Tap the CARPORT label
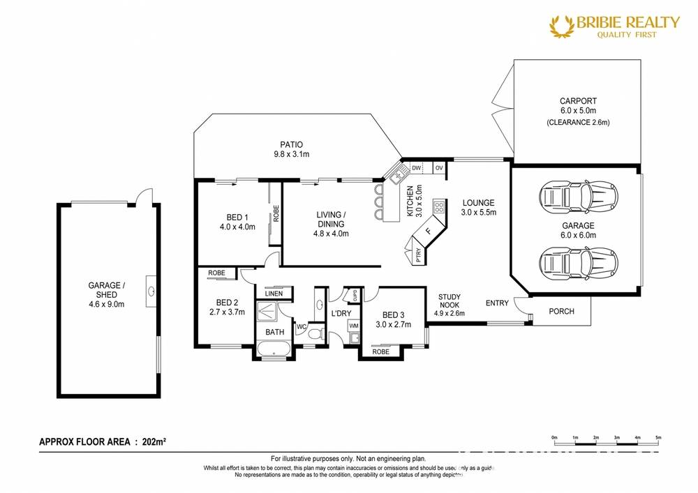point(577,101)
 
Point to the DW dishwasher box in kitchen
point(415,168)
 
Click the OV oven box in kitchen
point(439,168)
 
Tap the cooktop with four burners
point(439,206)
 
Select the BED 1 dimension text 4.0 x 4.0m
point(237,227)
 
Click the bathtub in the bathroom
point(274,348)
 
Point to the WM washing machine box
point(353,326)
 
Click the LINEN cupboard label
point(274,294)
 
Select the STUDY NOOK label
point(449,301)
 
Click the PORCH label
point(561,311)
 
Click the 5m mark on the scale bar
point(658,437)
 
